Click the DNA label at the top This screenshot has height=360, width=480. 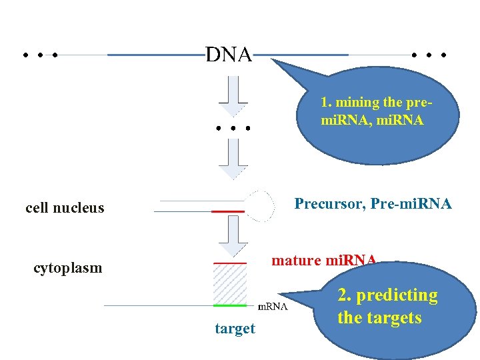[229, 55]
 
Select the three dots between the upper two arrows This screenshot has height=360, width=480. [233, 127]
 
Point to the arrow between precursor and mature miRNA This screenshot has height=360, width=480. [233, 237]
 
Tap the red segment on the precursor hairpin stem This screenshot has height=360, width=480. [227, 211]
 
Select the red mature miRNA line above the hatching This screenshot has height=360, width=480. [230, 263]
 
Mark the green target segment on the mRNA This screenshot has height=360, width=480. [230, 305]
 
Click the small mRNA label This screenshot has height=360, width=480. [273, 307]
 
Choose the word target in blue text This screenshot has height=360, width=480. [235, 329]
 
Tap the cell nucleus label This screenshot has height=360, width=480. [65, 207]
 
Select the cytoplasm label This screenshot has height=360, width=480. [68, 268]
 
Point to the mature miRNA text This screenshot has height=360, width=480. [324, 260]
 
